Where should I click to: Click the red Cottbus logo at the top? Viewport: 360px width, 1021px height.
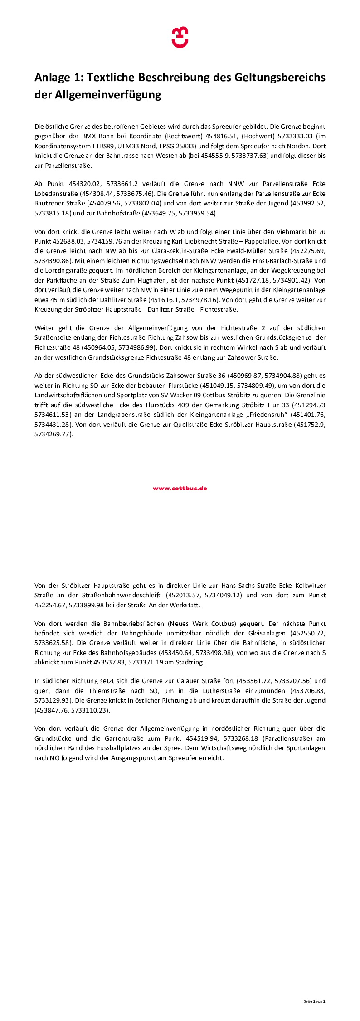[180, 37]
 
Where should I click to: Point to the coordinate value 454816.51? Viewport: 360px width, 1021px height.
[222, 136]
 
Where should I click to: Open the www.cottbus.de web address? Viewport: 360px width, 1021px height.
[180, 489]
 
